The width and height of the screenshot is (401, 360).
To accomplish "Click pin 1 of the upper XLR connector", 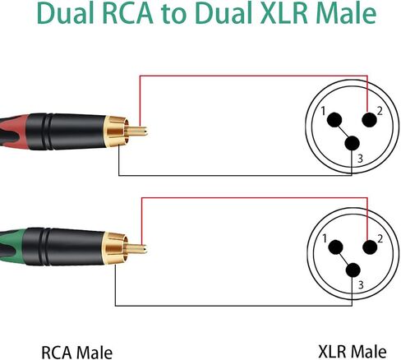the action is click(334, 120).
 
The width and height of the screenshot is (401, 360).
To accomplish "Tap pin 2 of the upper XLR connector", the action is click(370, 120).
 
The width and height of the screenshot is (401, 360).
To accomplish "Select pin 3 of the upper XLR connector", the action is click(352, 143).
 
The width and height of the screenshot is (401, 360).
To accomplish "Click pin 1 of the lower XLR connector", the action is click(335, 247).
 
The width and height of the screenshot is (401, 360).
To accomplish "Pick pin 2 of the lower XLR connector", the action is click(370, 247).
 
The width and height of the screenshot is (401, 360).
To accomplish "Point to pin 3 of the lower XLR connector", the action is click(353, 270).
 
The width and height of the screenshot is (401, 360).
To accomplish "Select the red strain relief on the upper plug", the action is click(14, 132).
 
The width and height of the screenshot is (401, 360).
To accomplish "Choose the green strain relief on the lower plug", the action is click(12, 247).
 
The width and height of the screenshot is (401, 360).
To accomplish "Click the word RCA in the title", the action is click(128, 13).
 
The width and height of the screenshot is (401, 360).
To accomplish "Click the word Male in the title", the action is click(346, 13).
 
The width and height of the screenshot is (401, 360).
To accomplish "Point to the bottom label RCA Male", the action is click(77, 352).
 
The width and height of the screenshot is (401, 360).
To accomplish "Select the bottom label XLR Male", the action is click(353, 351).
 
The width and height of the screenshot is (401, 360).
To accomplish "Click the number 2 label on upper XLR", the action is click(380, 111).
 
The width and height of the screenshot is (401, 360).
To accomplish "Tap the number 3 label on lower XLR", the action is click(361, 285).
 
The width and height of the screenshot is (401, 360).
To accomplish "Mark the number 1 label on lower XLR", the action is click(325, 238).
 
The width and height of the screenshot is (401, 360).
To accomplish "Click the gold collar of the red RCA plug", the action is click(116, 131).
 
